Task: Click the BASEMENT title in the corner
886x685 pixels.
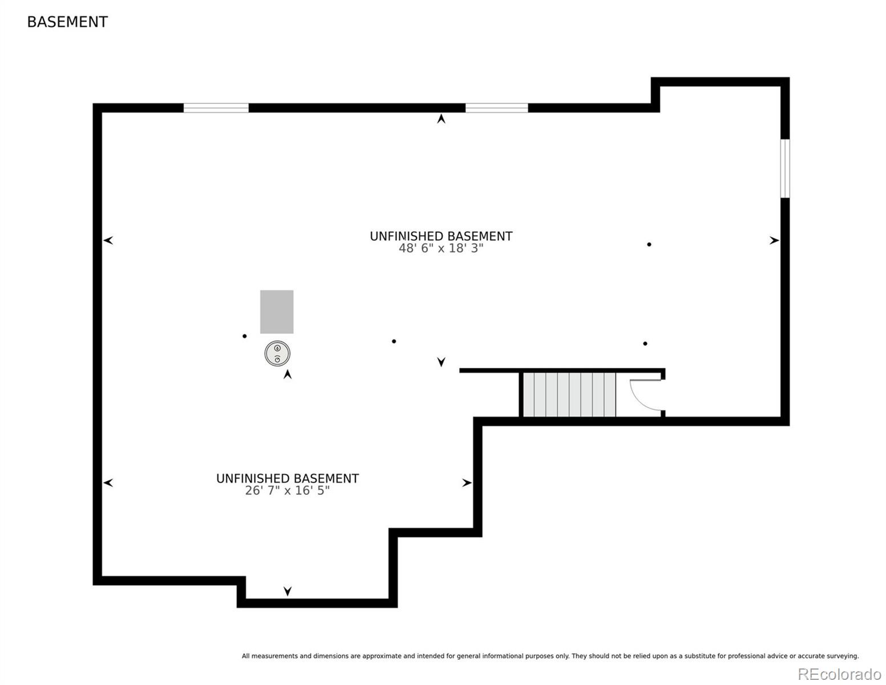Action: pos(67,22)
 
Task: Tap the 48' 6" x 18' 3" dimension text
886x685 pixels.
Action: pos(441,248)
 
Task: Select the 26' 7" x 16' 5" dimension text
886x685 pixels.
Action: pos(287,490)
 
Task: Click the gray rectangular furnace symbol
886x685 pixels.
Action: pos(277,312)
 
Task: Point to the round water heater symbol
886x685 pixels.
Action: pos(277,353)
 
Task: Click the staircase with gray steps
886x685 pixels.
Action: pos(569,394)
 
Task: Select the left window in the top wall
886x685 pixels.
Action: pos(216,108)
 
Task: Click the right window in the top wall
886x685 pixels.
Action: pos(496,108)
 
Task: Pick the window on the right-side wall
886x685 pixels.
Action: pos(785,168)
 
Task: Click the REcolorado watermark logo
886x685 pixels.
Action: pos(839,674)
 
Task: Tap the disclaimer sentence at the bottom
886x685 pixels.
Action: pos(550,656)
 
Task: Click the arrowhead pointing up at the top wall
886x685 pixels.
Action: pos(441,119)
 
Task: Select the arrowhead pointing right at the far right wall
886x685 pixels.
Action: pos(774,241)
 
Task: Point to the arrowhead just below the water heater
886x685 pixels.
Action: pos(288,374)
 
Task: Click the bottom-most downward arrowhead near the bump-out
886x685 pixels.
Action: pos(288,591)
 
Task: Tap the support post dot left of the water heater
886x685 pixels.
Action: pos(244,336)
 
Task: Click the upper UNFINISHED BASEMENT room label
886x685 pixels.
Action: pos(441,236)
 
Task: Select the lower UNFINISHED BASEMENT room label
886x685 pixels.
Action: pos(287,478)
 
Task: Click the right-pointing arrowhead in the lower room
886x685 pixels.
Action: pos(467,483)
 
